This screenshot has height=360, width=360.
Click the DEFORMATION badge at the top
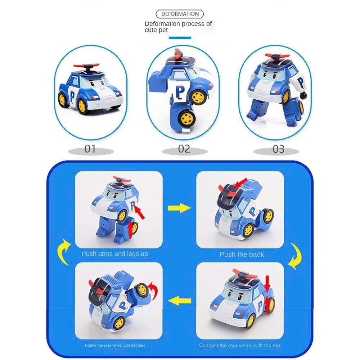tap(180, 14)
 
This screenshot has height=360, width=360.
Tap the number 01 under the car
tap(90, 149)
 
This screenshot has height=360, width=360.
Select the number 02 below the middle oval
tap(184, 149)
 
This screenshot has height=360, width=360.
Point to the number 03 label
tap(279, 149)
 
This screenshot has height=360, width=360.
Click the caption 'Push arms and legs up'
tap(115, 254)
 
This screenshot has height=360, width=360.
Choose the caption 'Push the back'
tap(242, 255)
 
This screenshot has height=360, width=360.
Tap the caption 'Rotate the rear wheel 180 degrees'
tap(115, 345)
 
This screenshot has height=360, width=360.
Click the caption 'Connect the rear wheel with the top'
tap(239, 345)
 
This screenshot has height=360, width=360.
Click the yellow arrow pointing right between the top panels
tap(179, 208)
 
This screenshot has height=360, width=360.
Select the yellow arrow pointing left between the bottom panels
tap(180, 301)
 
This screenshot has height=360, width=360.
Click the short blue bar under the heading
tap(180, 38)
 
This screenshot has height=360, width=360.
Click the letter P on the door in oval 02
tap(180, 92)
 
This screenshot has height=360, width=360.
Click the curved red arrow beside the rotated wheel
tap(153, 290)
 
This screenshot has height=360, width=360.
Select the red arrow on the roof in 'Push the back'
tap(240, 183)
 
